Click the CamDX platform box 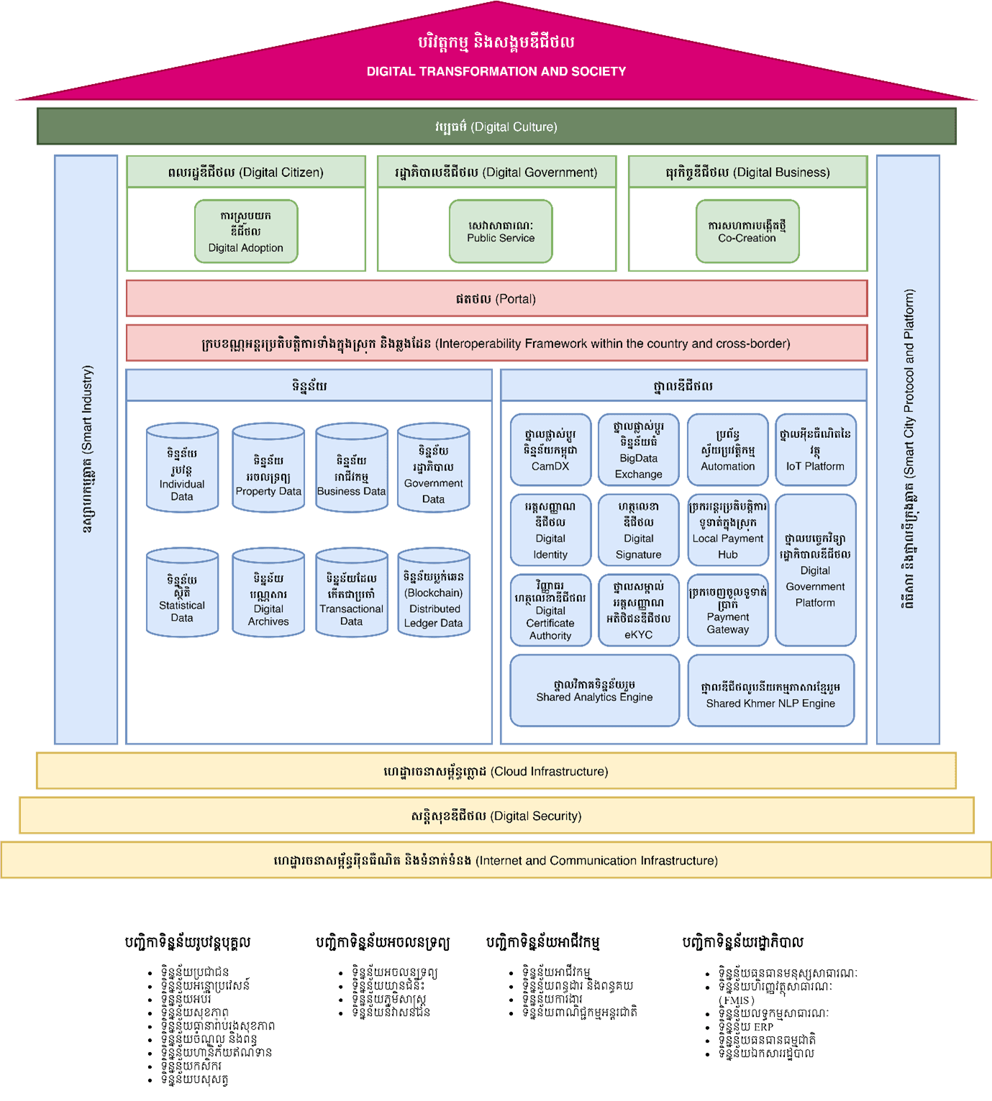550,449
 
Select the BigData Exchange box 638,449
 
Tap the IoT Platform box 815,449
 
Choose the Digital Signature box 638,530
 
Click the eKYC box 638,610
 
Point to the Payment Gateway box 727,610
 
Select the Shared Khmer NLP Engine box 770,690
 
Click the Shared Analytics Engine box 594,690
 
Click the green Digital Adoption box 246,232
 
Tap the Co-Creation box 747,232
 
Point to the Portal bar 496,298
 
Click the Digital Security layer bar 496,816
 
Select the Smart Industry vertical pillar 86,449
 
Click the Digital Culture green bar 496,127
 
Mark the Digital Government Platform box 815,570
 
